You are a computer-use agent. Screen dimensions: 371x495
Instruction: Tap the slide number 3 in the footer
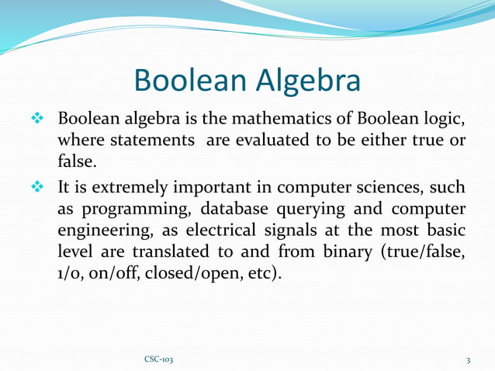469,360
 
